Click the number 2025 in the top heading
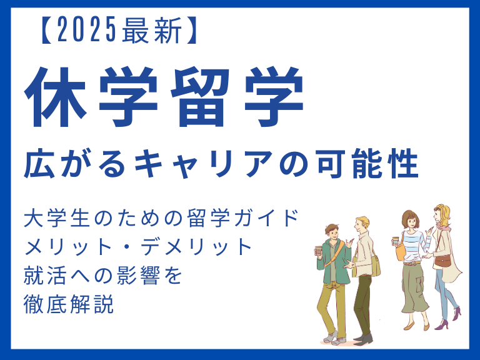point(86,30)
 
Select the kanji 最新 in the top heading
point(151,30)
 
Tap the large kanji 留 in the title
point(200,96)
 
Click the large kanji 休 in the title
point(55,96)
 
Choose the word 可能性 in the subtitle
point(368,164)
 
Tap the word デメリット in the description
point(196,247)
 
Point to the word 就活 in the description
point(45,276)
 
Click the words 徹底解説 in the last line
point(69,304)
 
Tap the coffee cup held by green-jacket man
point(318,251)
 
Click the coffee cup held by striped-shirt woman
point(396,241)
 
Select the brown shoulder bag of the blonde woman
point(442,261)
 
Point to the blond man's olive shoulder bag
point(375,266)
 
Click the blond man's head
point(361,225)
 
